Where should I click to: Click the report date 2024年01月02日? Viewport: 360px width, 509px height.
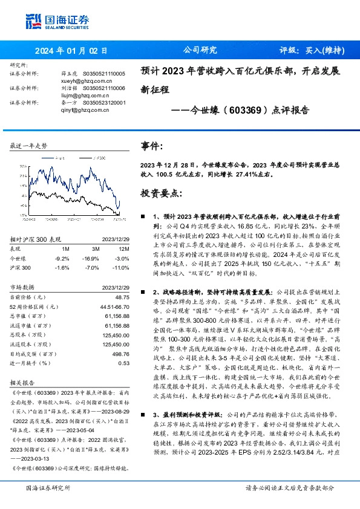(71, 51)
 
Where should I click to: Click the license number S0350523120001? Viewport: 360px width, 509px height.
(104, 103)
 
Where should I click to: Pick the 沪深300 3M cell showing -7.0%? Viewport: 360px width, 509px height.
(91, 267)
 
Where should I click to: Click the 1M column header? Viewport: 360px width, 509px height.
(66, 249)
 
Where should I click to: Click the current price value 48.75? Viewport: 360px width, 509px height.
(122, 297)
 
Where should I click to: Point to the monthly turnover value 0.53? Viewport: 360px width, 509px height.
(124, 363)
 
